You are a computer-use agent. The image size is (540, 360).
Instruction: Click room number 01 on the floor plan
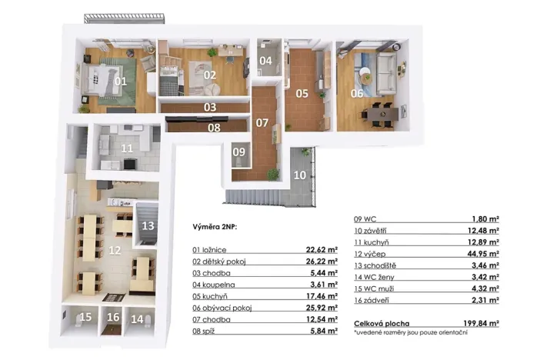click(x=121, y=80)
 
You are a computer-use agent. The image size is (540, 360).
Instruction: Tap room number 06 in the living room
click(x=357, y=93)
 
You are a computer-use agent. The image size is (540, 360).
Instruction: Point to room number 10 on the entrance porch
click(x=300, y=175)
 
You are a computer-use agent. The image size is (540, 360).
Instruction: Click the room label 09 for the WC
click(x=239, y=152)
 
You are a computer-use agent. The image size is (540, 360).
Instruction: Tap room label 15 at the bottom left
click(x=86, y=317)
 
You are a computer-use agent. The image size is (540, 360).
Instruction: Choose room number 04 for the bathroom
click(x=265, y=60)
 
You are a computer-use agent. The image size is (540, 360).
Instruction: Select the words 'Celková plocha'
click(x=382, y=324)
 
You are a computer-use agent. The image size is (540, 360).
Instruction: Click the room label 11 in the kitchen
click(x=126, y=147)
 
